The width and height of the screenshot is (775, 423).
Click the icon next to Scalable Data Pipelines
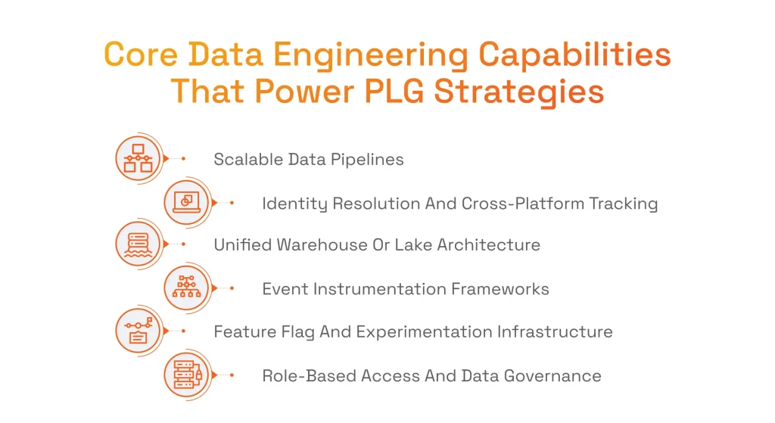[138, 158]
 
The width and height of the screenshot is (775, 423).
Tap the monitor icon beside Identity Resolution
[186, 202]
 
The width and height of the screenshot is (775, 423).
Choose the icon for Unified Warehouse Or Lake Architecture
[138, 244]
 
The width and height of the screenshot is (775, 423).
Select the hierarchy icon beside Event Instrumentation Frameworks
[186, 288]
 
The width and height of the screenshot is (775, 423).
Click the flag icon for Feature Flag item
[138, 331]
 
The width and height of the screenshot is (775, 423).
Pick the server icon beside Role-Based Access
[186, 375]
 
